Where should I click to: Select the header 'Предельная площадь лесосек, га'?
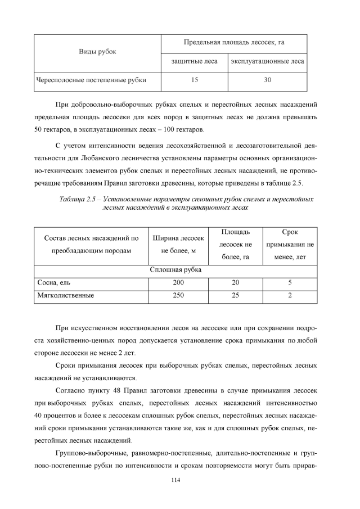tap(234, 43)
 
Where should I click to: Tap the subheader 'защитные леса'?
tap(194, 61)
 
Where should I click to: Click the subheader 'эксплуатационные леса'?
tap(267, 61)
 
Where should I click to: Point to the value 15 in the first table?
tap(194, 80)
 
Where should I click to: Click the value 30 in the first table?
tap(267, 80)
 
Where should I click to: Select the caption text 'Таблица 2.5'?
tap(79, 200)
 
